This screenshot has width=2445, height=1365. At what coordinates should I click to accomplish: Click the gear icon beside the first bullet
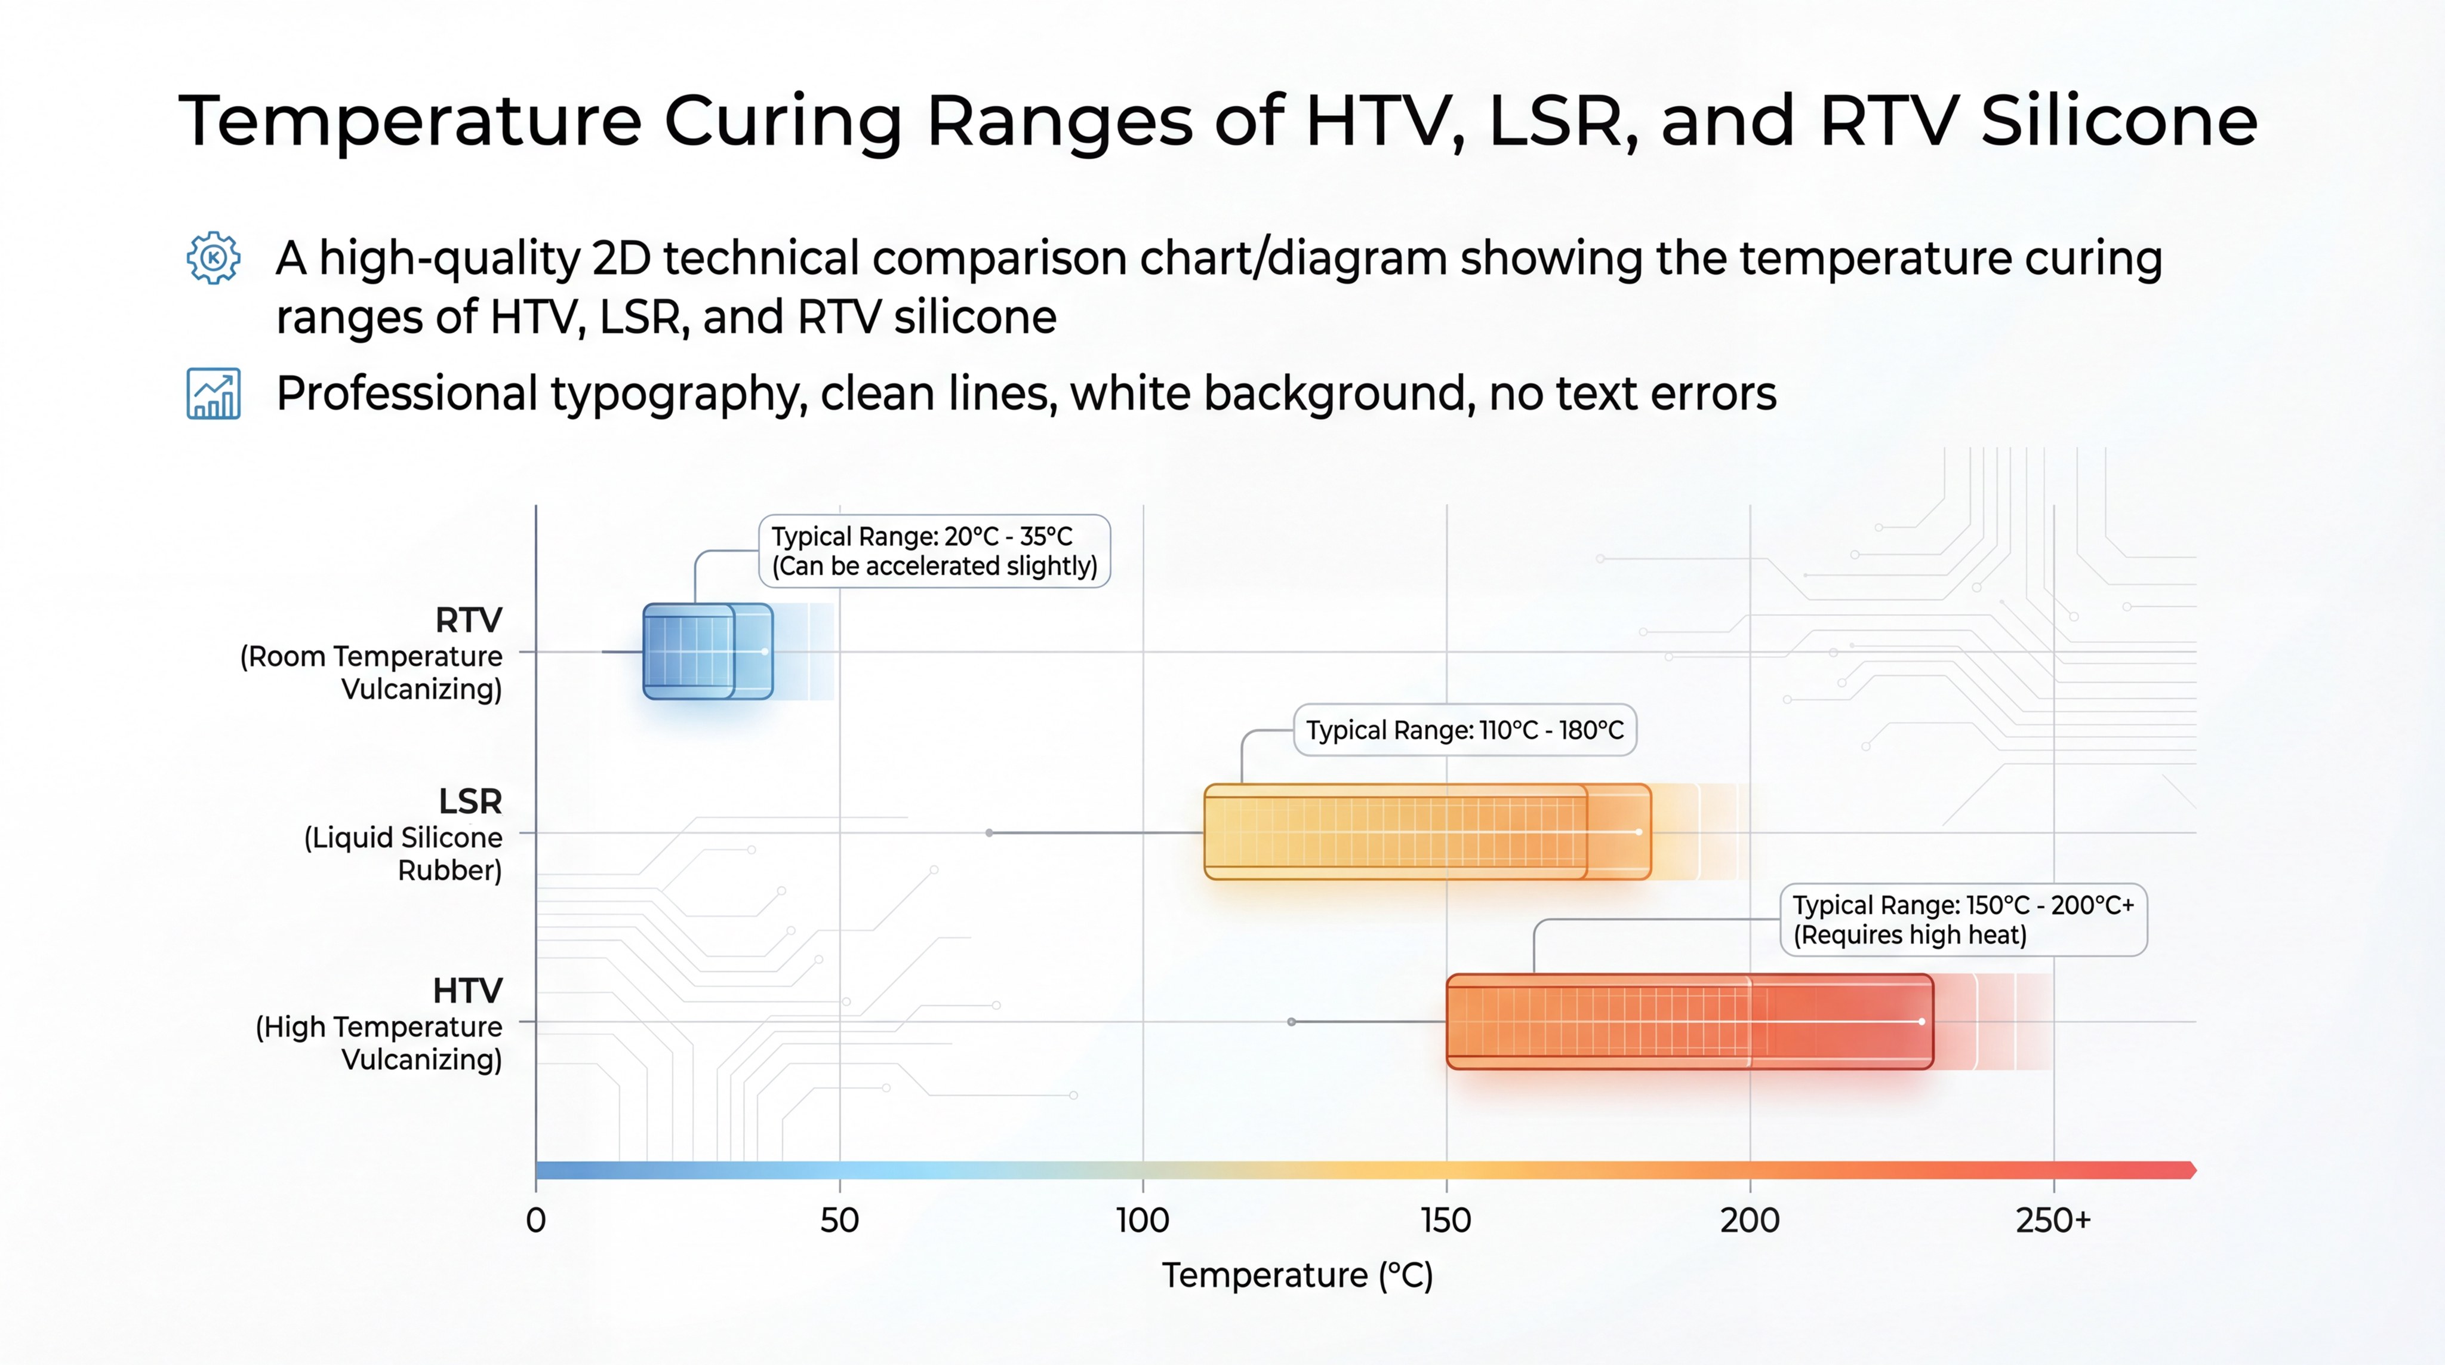click(x=214, y=257)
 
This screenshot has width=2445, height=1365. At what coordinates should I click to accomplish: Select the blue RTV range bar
click(x=707, y=652)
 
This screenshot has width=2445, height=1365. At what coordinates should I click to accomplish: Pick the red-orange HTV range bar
click(x=1689, y=1022)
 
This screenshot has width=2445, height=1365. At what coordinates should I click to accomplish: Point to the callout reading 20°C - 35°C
click(x=934, y=551)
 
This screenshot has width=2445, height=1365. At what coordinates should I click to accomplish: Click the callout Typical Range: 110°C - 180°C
click(x=1464, y=730)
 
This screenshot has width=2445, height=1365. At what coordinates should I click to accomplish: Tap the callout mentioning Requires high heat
click(x=1962, y=920)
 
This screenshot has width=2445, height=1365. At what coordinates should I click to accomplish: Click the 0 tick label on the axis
click(x=536, y=1220)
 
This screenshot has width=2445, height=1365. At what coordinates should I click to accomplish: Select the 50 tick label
click(x=839, y=1220)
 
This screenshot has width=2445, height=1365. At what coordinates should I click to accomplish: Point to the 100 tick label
click(x=1143, y=1220)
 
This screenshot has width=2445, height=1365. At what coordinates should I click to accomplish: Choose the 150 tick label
click(x=1446, y=1220)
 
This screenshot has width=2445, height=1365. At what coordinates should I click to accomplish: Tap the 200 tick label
click(x=1749, y=1220)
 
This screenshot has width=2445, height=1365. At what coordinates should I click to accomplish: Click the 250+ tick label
click(x=2053, y=1220)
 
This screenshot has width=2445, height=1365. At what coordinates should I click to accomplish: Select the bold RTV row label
click(x=468, y=620)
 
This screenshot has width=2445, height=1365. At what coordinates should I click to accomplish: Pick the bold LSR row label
click(x=470, y=801)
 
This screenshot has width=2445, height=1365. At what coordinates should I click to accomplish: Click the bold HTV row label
click(x=467, y=990)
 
